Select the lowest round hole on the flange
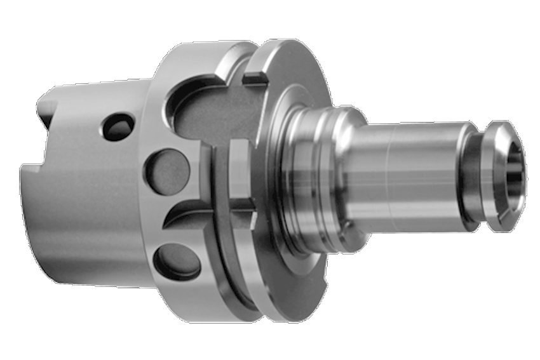click(175, 261)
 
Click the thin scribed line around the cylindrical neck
click(389, 171)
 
